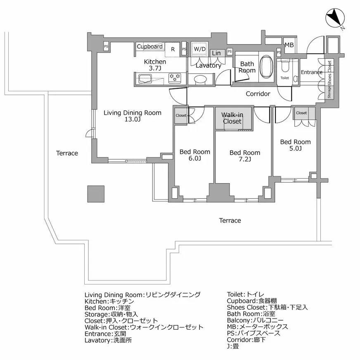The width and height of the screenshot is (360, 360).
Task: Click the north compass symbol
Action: (x=335, y=19)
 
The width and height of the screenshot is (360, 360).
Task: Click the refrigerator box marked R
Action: (x=173, y=49)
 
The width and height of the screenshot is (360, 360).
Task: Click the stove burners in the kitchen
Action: (x=175, y=76)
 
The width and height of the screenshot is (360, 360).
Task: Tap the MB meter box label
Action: (x=289, y=45)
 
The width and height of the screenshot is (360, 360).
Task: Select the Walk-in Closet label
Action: (x=232, y=118)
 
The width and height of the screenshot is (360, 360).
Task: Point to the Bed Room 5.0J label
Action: (x=295, y=145)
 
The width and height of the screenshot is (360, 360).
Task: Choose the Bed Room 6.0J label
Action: (x=194, y=155)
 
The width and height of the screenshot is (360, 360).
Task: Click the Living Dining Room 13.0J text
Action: (x=132, y=116)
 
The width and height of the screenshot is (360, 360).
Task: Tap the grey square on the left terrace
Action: (x=96, y=193)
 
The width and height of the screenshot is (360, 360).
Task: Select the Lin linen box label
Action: (x=216, y=53)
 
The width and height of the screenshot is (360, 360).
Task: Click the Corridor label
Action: (x=258, y=94)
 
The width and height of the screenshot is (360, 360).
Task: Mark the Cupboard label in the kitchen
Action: (x=149, y=47)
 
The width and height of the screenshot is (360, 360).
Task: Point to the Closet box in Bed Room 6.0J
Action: (x=181, y=116)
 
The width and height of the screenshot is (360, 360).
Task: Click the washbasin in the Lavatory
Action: (x=200, y=79)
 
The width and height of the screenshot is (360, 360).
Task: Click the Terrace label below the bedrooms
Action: (x=230, y=220)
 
